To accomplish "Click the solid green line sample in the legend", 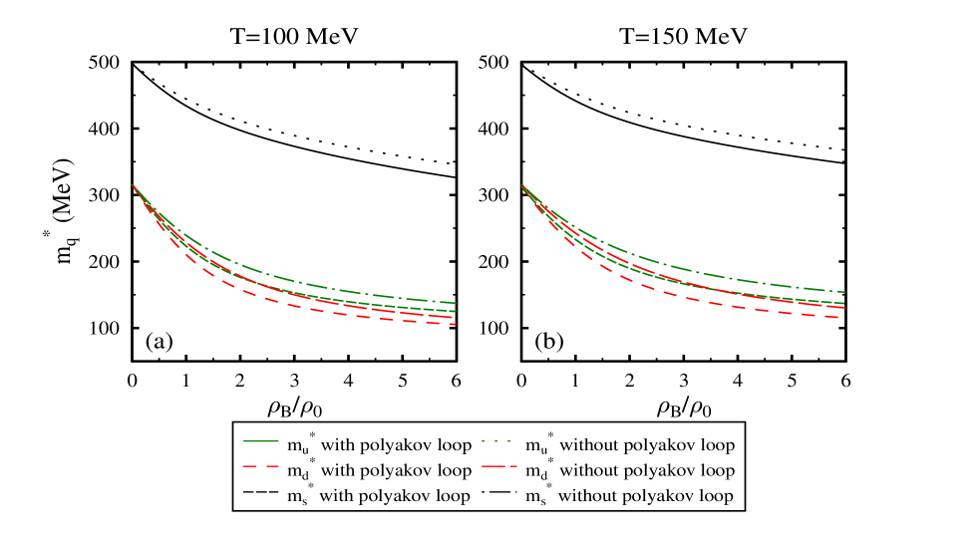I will (x=259, y=440).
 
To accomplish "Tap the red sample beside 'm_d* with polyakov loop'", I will (x=259, y=466).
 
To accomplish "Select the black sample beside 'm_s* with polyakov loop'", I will (x=259, y=492).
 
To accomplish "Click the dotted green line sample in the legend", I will (x=498, y=440).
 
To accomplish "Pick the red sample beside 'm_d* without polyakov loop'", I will (x=498, y=466).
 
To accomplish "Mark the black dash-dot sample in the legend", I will (x=498, y=492).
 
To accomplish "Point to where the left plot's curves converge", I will (x=134, y=186).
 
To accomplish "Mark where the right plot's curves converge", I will (x=523, y=186).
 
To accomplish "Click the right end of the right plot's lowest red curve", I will (x=843, y=318).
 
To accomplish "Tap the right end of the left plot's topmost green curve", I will (x=455, y=303).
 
